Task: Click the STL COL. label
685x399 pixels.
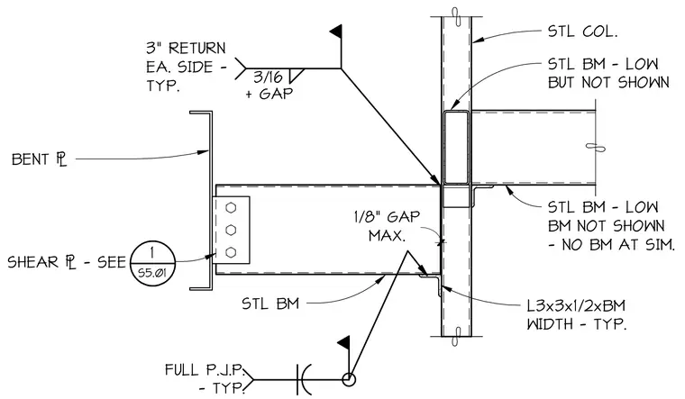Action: coord(582,32)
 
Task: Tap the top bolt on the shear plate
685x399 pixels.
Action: coord(231,207)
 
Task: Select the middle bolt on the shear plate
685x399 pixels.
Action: coord(231,230)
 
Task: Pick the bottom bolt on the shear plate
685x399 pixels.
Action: coord(231,252)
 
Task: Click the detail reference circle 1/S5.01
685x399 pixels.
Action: coord(152,263)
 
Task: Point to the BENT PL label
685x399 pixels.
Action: coord(40,159)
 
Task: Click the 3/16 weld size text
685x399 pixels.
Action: coord(268,77)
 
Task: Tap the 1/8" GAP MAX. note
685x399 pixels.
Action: coord(387,226)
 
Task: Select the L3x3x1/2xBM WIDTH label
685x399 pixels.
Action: coord(576,314)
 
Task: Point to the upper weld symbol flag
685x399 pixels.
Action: coord(336,31)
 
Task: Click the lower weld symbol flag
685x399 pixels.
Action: coord(343,342)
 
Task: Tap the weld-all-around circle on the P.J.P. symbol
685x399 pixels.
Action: coord(348,379)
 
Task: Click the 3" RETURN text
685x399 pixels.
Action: coord(186,48)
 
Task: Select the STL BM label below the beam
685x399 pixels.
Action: coord(270,304)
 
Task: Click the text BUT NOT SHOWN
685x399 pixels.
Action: coord(608,83)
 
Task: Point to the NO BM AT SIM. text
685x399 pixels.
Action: coord(612,244)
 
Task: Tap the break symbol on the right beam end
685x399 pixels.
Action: coord(595,148)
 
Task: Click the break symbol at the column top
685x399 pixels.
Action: coord(456,17)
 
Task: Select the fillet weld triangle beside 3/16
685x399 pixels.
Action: coord(296,75)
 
